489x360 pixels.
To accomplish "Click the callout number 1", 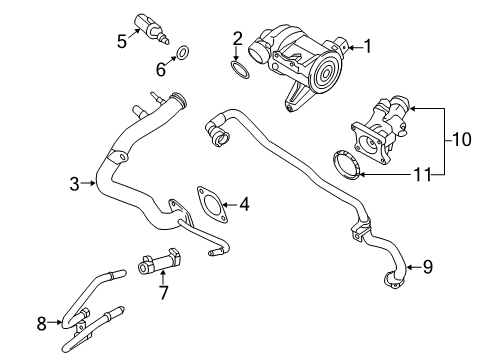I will [366, 45].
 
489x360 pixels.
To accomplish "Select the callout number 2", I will [237, 39].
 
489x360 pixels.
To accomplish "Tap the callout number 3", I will [74, 183].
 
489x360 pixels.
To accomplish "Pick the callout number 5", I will [122, 42].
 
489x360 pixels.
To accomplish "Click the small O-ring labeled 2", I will [239, 69].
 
